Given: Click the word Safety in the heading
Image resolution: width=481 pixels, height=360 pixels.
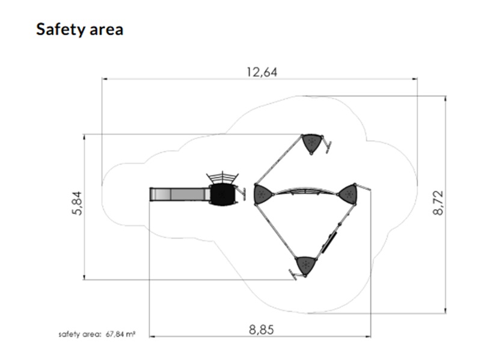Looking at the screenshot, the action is (x=61, y=30).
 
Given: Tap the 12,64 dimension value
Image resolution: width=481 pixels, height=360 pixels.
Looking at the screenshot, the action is (x=262, y=72).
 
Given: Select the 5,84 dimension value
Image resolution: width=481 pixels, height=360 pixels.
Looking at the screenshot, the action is (x=78, y=203).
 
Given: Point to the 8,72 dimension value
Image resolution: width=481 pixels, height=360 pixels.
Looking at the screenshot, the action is (x=438, y=203).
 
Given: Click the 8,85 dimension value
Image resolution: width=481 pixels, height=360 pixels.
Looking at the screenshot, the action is (x=262, y=330).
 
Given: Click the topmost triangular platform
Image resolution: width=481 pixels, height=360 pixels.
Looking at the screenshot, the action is (x=312, y=143).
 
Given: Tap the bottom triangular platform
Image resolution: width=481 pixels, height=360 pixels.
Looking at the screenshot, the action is (x=305, y=265).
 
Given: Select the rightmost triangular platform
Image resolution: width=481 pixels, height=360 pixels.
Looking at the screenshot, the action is (x=348, y=194).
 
